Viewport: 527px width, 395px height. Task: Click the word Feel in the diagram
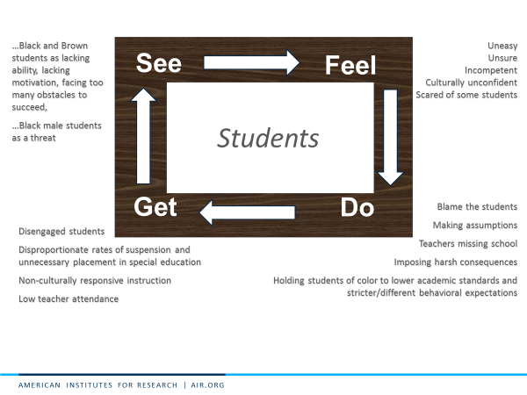pyautogui.click(x=350, y=66)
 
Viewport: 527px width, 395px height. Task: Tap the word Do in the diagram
pyautogui.click(x=357, y=207)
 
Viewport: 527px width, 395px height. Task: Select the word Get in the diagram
pyautogui.click(x=155, y=207)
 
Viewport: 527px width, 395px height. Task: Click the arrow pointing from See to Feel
pyautogui.click(x=251, y=62)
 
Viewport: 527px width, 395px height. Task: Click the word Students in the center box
pyautogui.click(x=268, y=138)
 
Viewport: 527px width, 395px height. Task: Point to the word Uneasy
pyautogui.click(x=502, y=45)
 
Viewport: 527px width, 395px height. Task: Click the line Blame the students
pyautogui.click(x=477, y=207)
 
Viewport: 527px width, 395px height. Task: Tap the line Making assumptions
pyautogui.click(x=474, y=226)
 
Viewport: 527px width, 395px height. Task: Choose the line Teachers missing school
pyautogui.click(x=467, y=244)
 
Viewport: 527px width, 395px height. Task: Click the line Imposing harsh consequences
pyautogui.click(x=455, y=262)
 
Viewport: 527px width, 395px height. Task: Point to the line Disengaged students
pyautogui.click(x=61, y=232)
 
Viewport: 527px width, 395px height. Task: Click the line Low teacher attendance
pyautogui.click(x=69, y=299)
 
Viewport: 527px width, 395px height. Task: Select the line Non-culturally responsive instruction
pyautogui.click(x=95, y=281)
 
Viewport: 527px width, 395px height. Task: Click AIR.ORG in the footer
pyautogui.click(x=206, y=385)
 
